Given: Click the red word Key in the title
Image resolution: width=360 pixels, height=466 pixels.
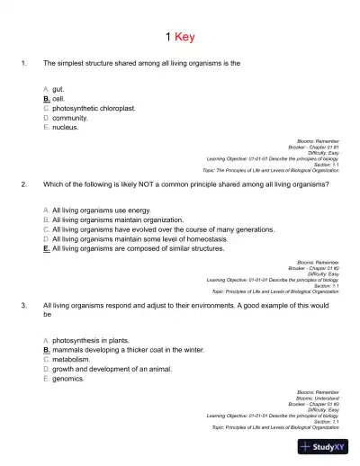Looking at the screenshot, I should tap(184, 37).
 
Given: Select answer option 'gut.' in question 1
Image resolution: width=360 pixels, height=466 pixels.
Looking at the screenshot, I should tap(58, 89).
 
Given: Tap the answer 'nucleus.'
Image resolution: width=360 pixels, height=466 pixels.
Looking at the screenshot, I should tap(66, 127).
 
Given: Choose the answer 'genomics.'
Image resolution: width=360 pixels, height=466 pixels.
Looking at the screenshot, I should tap(68, 379).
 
